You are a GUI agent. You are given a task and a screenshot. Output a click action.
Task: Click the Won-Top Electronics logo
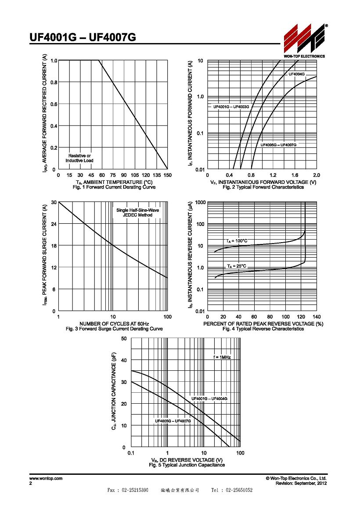[304, 41]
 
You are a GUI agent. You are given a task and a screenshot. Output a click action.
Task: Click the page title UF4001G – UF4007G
[83, 38]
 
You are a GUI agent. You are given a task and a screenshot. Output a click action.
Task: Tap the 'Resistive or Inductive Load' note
[79, 158]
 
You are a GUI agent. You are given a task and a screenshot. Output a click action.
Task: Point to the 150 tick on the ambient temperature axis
[168, 175]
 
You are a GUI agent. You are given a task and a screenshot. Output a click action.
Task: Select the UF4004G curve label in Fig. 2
[297, 74]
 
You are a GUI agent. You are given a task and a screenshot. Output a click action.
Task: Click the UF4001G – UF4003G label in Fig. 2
[231, 107]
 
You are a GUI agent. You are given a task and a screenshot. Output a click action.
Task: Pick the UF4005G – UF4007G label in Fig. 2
[278, 145]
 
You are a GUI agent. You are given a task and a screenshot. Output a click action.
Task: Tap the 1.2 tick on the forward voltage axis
[273, 175]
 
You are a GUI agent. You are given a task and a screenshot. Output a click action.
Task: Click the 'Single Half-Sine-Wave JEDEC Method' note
[138, 213]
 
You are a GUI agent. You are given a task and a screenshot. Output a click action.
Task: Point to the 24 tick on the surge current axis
[54, 224]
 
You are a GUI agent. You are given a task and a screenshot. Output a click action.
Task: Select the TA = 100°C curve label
[237, 241]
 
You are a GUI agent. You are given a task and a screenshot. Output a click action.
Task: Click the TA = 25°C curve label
[237, 266]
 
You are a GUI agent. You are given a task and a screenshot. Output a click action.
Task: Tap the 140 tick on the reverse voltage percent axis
[317, 317]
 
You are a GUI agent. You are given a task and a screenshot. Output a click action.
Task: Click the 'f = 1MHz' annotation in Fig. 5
[222, 357]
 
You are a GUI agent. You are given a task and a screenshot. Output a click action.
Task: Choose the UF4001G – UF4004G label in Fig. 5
[209, 398]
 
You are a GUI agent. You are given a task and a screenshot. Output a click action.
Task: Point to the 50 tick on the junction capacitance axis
[124, 339]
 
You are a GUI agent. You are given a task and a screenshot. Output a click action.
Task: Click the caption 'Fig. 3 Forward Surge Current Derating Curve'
[114, 329]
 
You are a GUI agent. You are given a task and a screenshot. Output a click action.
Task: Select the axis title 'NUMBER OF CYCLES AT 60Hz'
[114, 324]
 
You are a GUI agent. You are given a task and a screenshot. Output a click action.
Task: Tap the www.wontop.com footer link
[46, 478]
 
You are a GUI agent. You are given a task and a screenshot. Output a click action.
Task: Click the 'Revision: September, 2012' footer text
[301, 484]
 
